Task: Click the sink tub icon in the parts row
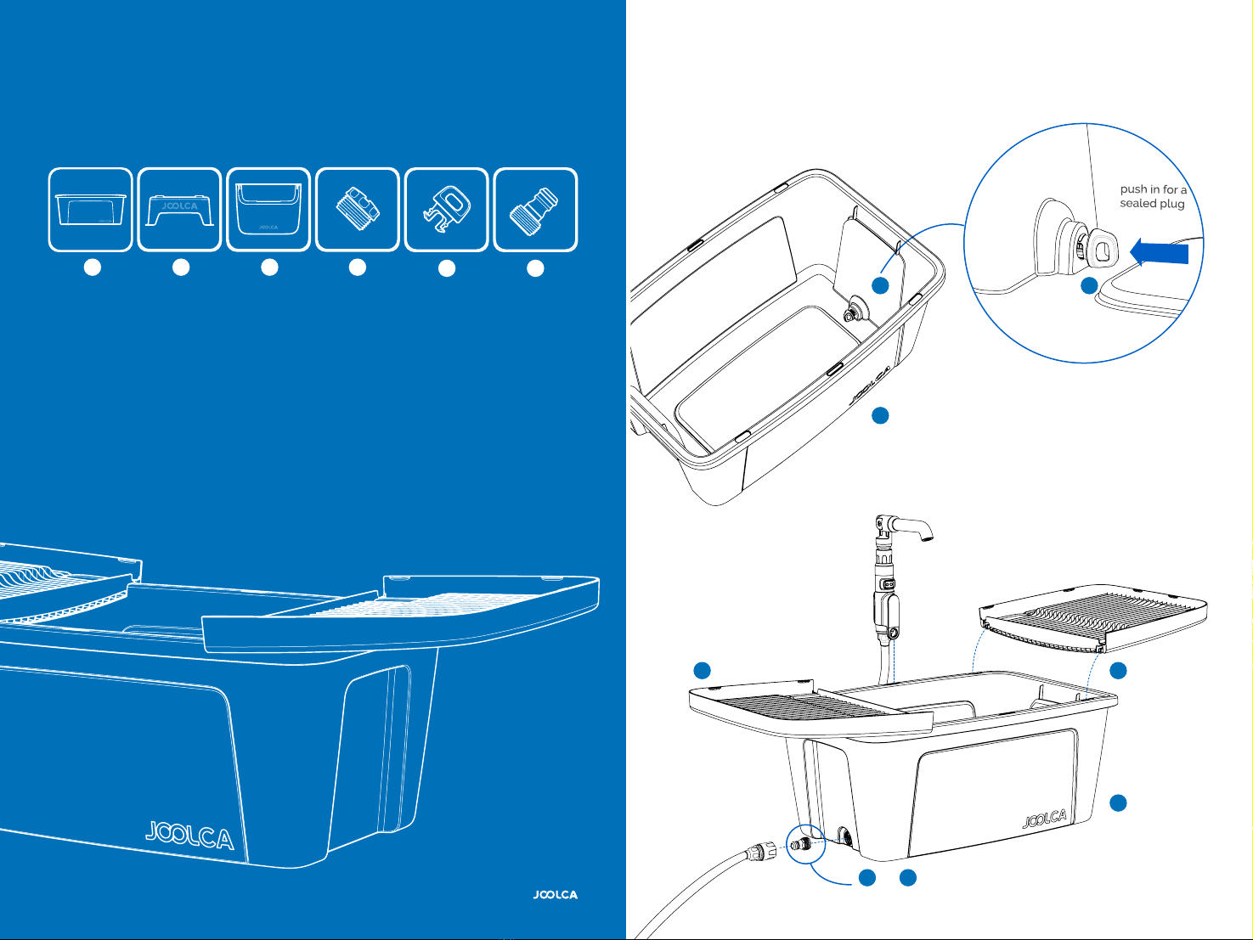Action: pos(91,210)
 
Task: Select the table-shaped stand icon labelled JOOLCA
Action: pos(179,211)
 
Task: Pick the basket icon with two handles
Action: pos(268,208)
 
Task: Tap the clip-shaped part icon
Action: pos(447,210)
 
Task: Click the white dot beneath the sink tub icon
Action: pos(93,267)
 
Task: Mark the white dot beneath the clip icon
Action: pos(446,268)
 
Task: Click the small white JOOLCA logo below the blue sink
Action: pos(555,894)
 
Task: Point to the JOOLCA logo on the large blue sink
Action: pos(189,836)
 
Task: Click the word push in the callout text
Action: pos(1133,189)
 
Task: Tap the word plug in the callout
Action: pos(1172,204)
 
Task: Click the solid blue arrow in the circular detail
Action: pos(1159,251)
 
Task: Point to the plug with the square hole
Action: pos(1101,249)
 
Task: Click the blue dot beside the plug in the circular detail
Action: pos(1089,285)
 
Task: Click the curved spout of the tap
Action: pos(912,526)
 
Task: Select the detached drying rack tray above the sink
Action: pos(1092,617)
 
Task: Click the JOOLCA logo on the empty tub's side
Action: pos(870,385)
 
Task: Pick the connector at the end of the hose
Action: pos(759,851)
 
